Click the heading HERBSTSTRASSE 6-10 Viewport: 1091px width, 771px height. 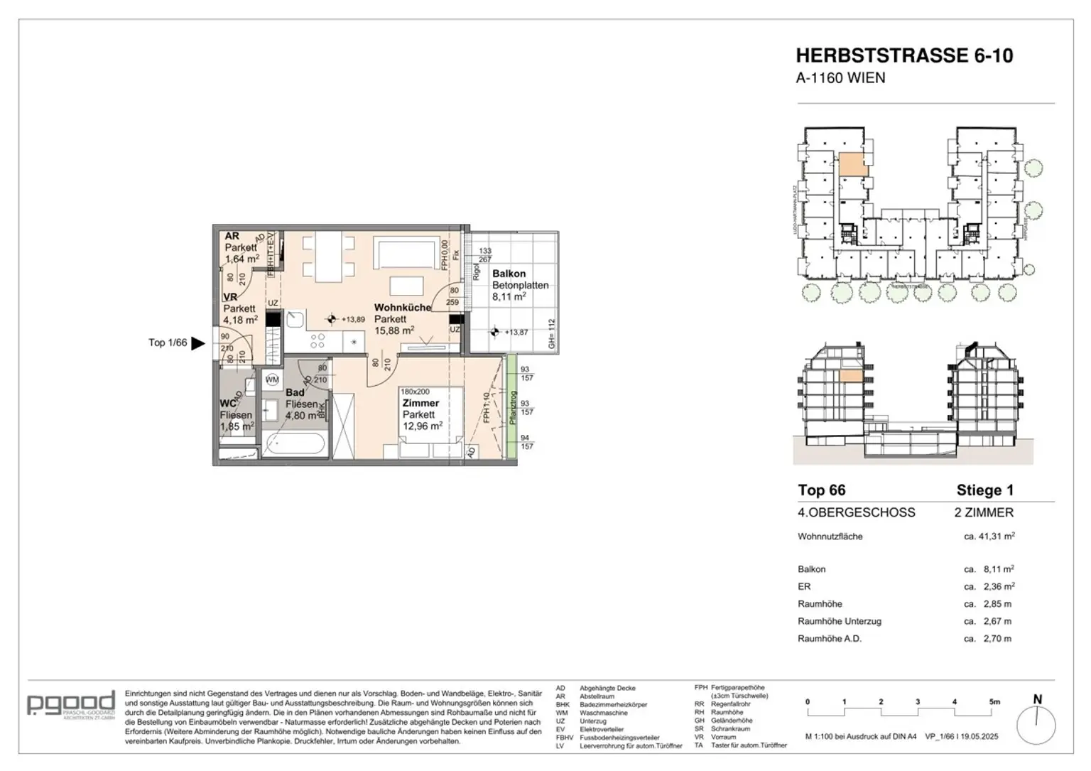tap(904, 55)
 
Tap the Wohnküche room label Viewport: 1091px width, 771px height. tap(402, 308)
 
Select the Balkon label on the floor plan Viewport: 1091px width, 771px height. tap(509, 274)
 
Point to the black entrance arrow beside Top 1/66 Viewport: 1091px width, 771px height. tap(198, 343)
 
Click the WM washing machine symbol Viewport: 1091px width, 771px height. tap(272, 380)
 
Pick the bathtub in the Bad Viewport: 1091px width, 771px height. tap(293, 446)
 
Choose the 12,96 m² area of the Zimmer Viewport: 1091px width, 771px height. tap(422, 426)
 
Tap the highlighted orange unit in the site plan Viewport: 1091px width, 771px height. tap(853, 165)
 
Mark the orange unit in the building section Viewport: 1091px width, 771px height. tap(851, 378)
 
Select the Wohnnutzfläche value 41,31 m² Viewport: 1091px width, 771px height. tap(989, 537)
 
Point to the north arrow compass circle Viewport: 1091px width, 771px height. tap(1036, 726)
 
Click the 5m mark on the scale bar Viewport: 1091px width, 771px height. tap(994, 702)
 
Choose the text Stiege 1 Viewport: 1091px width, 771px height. tap(984, 490)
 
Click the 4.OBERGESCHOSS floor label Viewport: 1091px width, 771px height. tap(856, 512)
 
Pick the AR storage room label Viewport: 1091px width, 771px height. tap(232, 236)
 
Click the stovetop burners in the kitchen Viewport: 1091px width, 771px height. tap(317, 340)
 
